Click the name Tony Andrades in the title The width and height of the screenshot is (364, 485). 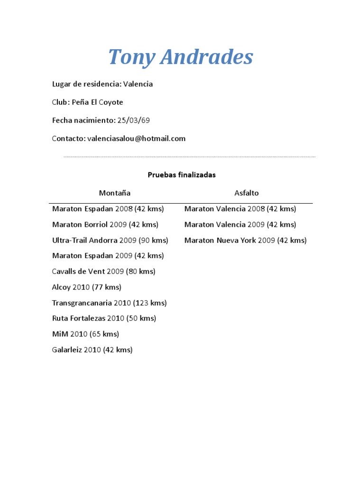(x=181, y=57)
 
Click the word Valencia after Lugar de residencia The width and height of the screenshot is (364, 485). (x=138, y=84)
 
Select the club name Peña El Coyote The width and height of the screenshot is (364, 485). (x=97, y=102)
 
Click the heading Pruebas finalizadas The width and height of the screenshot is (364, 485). (x=182, y=175)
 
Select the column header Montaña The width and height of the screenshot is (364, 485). (x=115, y=193)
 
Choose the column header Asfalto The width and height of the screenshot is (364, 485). (x=246, y=193)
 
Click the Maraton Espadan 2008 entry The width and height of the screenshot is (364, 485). (x=108, y=209)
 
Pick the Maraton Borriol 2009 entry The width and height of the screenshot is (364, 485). (x=105, y=225)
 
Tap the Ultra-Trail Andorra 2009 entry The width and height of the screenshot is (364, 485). (x=110, y=240)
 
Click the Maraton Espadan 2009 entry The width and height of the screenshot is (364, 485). (x=108, y=256)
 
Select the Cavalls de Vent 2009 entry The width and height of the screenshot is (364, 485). (x=104, y=271)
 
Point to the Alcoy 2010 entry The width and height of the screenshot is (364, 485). (x=87, y=287)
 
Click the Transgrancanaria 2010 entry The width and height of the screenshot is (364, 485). (x=109, y=303)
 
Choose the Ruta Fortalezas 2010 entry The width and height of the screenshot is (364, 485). (x=104, y=318)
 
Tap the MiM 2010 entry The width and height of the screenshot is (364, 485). (x=85, y=334)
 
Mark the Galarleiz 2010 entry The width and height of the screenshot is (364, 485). (x=92, y=350)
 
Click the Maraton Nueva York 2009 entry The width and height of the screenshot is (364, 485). (x=246, y=240)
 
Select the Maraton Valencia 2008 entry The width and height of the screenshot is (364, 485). (x=240, y=209)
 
